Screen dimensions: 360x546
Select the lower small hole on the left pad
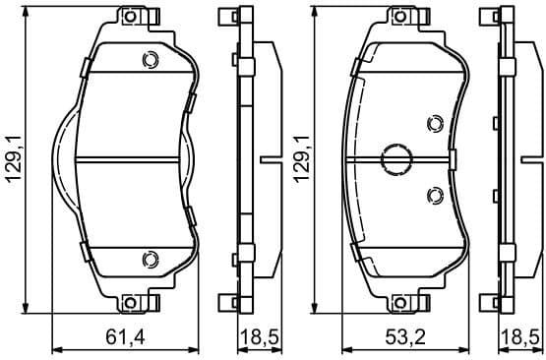coord(150,259)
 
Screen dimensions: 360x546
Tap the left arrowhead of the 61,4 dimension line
coord(55,349)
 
